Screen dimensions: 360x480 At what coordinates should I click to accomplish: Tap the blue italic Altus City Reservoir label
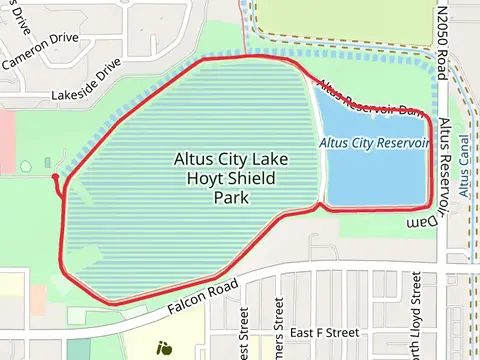point(375,143)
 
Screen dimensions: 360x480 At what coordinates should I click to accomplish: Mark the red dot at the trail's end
point(54,177)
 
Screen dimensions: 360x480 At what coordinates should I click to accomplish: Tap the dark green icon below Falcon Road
point(163,348)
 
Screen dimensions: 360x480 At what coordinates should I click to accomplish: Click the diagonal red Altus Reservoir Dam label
point(369,96)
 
